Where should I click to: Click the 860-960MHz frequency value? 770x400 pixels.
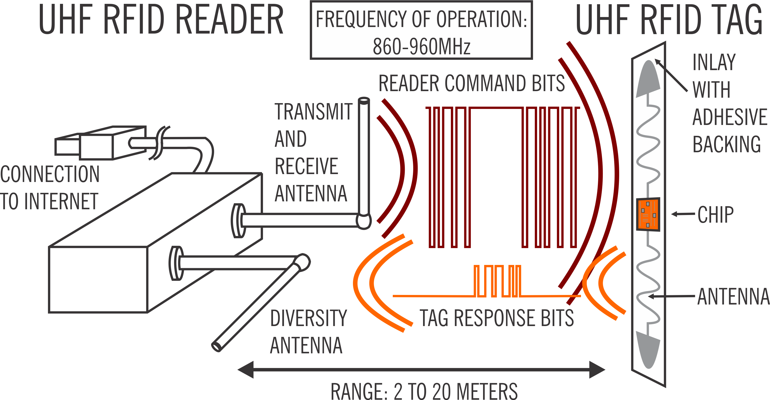click(x=421, y=47)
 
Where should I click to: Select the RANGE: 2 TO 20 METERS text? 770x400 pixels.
click(x=424, y=391)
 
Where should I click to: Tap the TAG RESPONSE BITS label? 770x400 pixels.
click(x=496, y=318)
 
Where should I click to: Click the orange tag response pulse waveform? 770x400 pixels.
click(x=497, y=281)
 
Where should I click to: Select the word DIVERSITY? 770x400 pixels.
click(x=308, y=318)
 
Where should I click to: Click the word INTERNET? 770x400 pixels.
click(x=61, y=201)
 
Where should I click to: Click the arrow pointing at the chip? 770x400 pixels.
click(x=683, y=214)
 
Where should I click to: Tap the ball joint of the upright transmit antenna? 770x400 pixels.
click(x=364, y=221)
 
